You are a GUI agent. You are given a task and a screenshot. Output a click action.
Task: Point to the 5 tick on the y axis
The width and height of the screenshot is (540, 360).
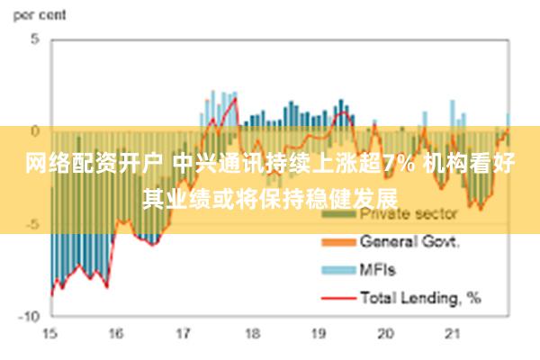(35, 40)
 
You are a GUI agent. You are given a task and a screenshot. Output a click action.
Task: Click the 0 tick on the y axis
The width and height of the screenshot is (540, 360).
(35, 130)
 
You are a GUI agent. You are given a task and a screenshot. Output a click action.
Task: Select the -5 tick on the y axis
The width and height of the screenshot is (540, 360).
(32, 224)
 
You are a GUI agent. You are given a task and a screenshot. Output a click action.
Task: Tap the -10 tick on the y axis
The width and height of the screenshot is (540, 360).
(29, 316)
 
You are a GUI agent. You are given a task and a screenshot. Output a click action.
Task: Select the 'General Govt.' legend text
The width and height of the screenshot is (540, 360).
(409, 241)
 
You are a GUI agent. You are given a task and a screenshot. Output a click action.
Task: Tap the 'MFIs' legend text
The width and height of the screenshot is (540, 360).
(377, 268)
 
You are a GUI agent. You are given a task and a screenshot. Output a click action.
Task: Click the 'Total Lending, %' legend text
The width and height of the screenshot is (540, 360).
(419, 295)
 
